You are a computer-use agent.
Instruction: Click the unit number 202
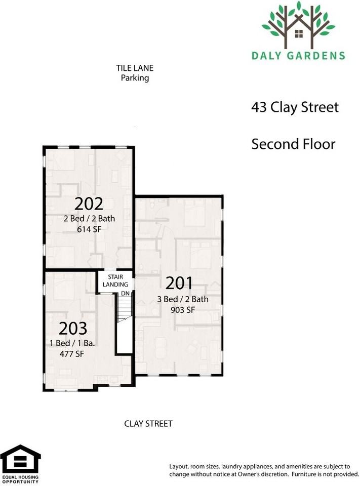tap(89, 204)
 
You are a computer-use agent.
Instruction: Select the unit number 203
tap(73, 329)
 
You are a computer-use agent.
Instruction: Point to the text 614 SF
tap(89, 229)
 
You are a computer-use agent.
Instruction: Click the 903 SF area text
tap(183, 310)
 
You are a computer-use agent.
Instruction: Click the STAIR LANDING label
tap(115, 281)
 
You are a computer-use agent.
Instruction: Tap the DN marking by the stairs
tap(125, 293)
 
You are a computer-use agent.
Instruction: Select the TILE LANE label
tap(135, 68)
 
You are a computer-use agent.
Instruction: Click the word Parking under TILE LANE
tap(135, 78)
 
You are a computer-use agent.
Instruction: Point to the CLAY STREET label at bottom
tap(148, 423)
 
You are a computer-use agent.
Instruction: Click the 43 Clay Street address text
tap(295, 107)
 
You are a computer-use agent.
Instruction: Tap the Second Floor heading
tap(293, 144)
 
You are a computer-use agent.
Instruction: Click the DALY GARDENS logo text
tap(298, 55)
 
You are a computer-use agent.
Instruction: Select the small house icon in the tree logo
tap(299, 33)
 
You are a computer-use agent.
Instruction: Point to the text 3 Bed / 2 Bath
tap(183, 299)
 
